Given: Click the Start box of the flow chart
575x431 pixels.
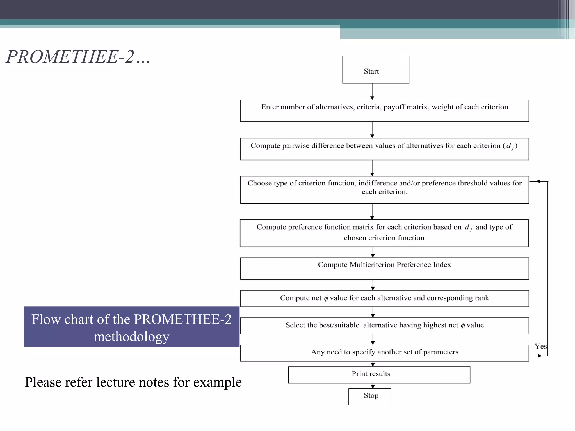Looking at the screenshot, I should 375,70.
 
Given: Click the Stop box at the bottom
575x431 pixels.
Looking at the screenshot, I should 369,396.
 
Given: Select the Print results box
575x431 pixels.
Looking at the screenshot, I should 379,375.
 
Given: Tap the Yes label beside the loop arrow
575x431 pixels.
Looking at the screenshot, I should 540,346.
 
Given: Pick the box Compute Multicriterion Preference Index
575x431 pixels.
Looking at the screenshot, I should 384,268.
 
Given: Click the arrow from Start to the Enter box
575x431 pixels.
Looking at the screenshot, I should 372,91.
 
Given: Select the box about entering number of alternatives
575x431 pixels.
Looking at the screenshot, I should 384,111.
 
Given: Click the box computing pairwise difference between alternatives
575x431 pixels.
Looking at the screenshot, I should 384,149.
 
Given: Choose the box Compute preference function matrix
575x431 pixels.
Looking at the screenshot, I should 384,233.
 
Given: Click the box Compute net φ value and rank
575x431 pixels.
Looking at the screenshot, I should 384,298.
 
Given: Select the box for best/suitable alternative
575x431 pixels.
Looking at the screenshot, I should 384,325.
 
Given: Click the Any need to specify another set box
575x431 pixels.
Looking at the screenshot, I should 384,353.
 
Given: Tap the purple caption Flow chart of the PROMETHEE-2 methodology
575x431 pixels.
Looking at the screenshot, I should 131,327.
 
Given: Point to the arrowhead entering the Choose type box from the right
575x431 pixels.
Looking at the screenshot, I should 537,182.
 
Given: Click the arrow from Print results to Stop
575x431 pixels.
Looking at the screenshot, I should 373,386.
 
